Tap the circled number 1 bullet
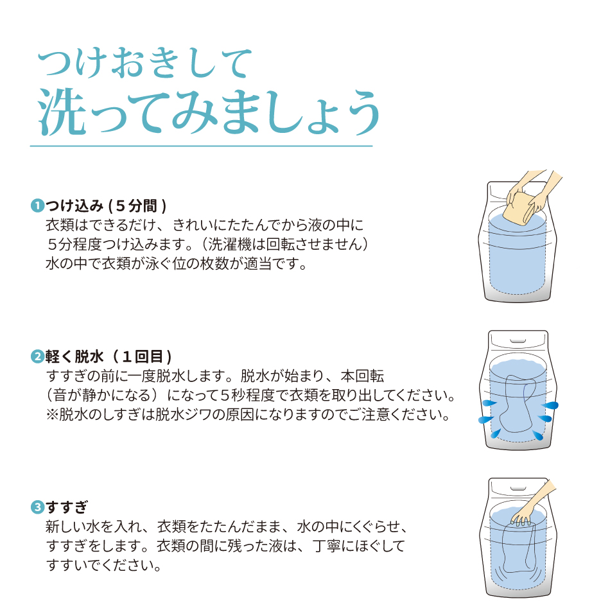click(x=37, y=205)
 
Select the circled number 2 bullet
click(x=37, y=356)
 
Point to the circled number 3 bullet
click(x=37, y=507)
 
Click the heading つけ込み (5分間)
click(x=106, y=206)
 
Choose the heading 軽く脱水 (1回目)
click(x=109, y=356)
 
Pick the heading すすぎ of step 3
click(x=67, y=507)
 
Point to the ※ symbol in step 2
click(x=52, y=415)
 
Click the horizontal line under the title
click(x=202, y=146)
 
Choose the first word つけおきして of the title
click(x=144, y=63)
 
